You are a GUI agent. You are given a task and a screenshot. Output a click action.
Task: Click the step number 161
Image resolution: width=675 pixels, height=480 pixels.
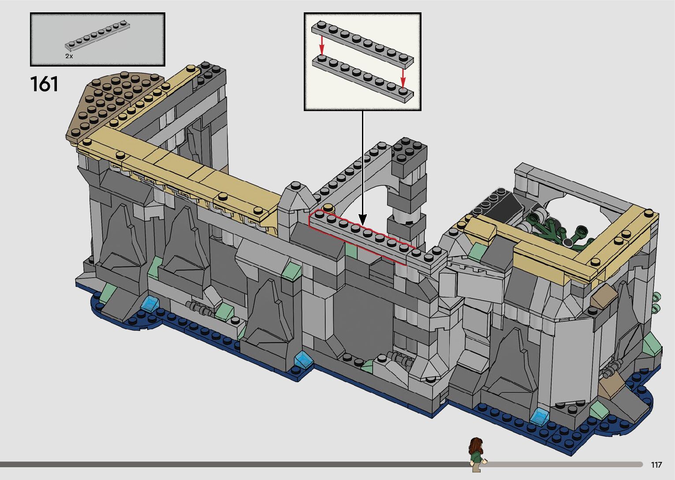(x=44, y=84)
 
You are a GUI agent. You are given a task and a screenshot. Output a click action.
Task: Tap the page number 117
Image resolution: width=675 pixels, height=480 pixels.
(x=656, y=465)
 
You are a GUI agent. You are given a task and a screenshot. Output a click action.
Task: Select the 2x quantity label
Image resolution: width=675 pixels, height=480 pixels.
(x=69, y=56)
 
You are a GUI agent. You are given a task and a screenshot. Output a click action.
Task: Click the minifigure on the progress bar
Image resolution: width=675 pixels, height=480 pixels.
(x=476, y=454)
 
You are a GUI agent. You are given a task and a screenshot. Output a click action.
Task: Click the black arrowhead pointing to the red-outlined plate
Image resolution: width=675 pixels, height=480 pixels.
(x=362, y=219)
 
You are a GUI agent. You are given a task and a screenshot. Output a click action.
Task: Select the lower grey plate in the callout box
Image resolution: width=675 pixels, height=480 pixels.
(x=362, y=79)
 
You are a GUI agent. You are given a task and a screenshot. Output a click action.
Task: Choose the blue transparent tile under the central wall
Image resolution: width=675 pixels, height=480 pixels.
(x=303, y=359)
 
